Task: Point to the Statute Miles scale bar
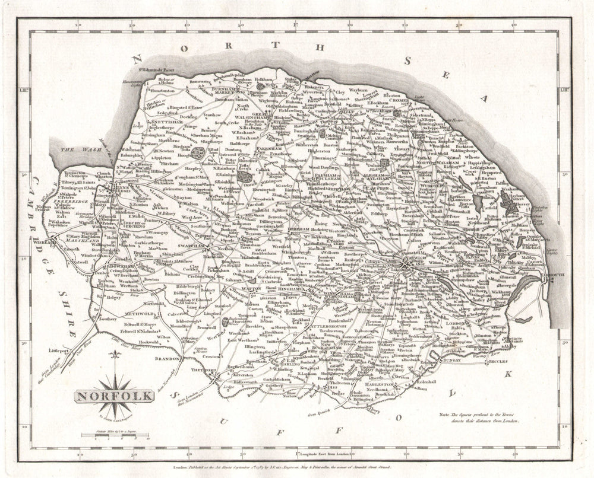[x=113, y=436]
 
